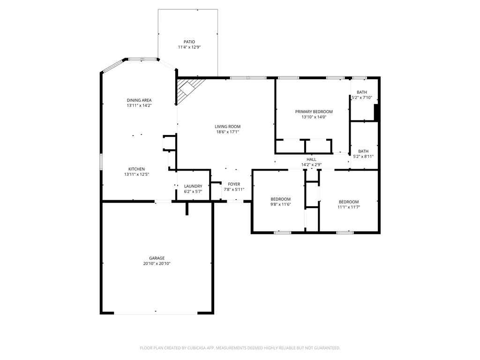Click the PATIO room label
coord(189,42)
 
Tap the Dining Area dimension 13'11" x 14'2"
coord(139,106)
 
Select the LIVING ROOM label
coord(227,127)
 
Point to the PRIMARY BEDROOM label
coord(314,112)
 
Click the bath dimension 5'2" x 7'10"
coord(361,97)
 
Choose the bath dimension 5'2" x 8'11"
coord(363,157)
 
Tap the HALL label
coord(311,159)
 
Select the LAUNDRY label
coord(193,186)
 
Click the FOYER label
coord(234,184)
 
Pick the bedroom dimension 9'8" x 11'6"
coord(280,204)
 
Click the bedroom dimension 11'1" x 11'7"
coord(349,207)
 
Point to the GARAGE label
coord(157,258)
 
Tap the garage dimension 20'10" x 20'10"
coord(157,264)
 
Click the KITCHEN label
coord(137,169)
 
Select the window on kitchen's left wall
coord(101,161)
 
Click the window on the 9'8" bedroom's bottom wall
coord(282,232)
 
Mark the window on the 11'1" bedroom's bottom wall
coord(345,232)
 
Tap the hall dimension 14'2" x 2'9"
coord(311,165)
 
